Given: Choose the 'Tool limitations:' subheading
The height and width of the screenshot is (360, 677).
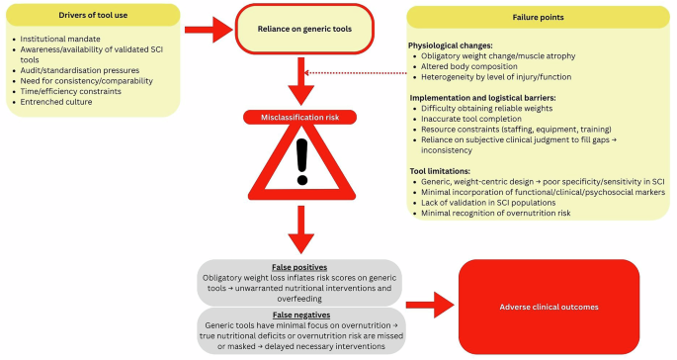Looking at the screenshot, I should coord(441,171).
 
